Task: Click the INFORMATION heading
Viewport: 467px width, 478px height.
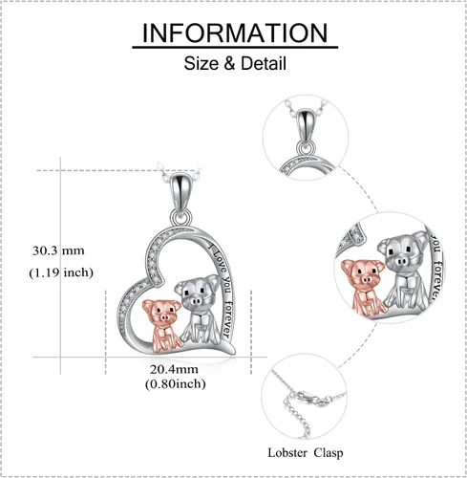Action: click(x=235, y=33)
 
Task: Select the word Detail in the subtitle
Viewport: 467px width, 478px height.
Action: click(x=264, y=63)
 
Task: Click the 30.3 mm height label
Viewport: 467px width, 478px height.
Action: click(x=58, y=250)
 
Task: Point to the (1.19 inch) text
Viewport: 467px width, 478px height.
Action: click(x=61, y=272)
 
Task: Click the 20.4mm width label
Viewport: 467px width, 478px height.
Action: click(x=174, y=369)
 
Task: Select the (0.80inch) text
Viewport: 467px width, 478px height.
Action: click(x=176, y=383)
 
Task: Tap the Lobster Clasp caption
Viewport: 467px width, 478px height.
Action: click(x=306, y=453)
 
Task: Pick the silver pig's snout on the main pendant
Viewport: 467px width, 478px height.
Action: click(x=195, y=300)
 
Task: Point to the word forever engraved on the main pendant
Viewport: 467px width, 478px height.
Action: click(x=227, y=319)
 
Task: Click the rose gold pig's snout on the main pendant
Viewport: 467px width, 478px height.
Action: click(x=164, y=317)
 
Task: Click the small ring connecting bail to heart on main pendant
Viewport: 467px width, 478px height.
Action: click(x=181, y=217)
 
